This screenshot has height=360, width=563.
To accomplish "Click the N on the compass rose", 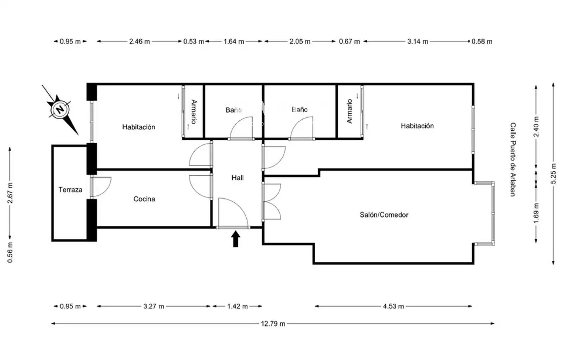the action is tap(60, 109).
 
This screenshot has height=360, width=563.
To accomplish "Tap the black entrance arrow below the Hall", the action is tap(235, 239).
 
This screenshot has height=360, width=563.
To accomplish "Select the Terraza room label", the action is tap(70, 190).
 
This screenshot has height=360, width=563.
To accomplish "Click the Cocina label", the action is tap(144, 199).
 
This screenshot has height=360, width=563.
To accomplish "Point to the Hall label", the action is tap(238, 178).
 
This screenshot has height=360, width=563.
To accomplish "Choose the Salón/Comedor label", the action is tap(384, 215).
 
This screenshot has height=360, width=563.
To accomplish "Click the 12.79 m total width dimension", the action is tap(273, 323).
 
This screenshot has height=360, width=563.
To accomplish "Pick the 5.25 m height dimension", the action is tap(553, 173).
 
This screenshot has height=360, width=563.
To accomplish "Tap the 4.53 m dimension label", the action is tap(393, 306).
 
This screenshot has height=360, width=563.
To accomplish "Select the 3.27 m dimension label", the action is tap(153, 306).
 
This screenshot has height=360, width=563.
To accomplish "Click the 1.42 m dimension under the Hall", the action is tap(238, 306).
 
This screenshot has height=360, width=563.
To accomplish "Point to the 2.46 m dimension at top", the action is tap(139, 42).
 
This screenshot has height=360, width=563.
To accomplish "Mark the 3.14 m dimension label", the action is tap(418, 42).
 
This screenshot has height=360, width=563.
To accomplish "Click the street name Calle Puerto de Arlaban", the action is tap(513, 159).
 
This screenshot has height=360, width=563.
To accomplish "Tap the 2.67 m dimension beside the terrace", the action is tap(10, 193).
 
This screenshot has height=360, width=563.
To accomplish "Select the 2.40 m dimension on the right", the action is tap(536, 126).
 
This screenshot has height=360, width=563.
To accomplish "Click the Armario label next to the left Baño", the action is tap(194, 112).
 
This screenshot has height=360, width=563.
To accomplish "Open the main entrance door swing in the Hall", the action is tap(233, 213).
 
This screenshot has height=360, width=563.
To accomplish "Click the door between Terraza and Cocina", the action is tap(101, 187).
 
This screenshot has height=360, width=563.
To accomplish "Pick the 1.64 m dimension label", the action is tap(234, 42).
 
